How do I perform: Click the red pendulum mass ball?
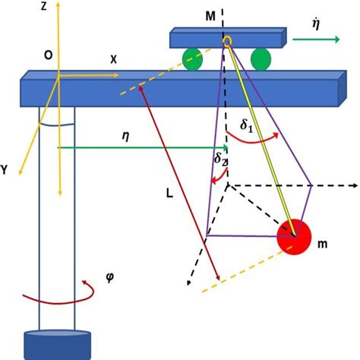(x=294, y=237)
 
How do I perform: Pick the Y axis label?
(x=5, y=171)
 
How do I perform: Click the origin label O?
(x=48, y=55)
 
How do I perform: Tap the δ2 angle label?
(x=219, y=159)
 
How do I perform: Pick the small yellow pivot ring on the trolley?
(x=226, y=40)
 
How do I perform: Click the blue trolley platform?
(x=228, y=37)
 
